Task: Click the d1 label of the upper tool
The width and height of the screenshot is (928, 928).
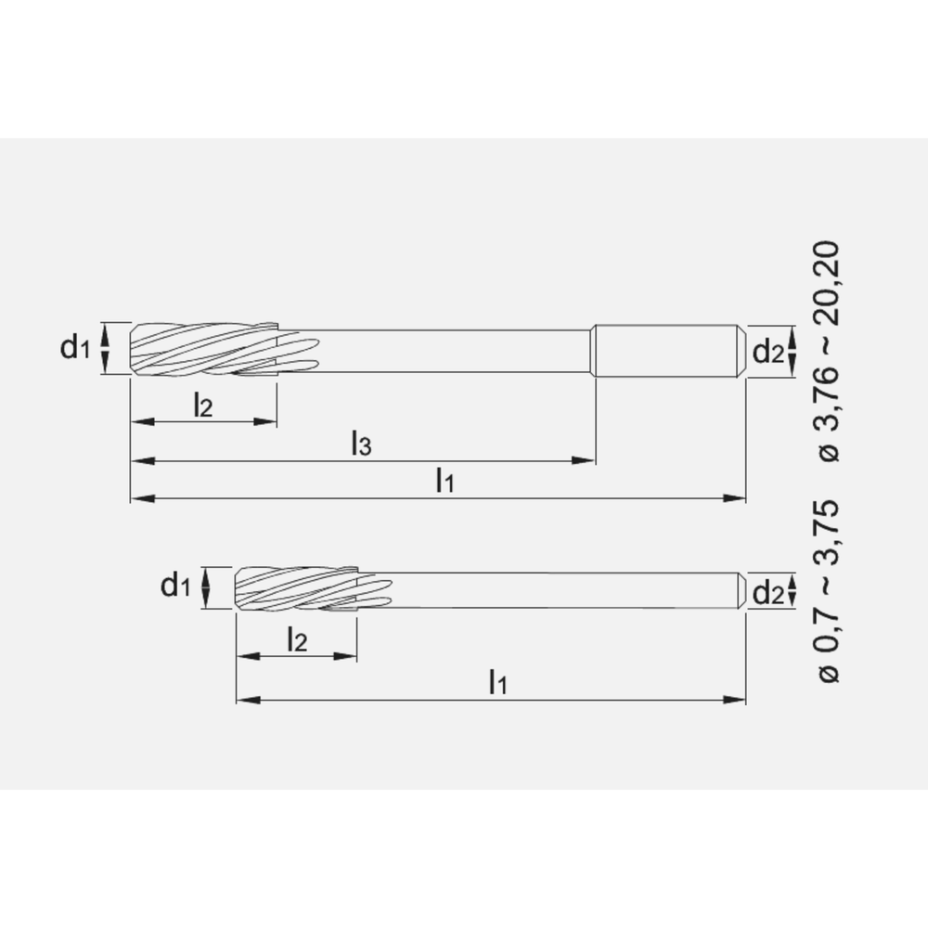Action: tap(75, 348)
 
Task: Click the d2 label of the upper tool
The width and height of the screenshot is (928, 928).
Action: tap(767, 352)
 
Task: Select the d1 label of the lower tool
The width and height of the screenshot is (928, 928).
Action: tap(175, 586)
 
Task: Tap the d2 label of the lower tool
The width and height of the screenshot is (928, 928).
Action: tap(767, 592)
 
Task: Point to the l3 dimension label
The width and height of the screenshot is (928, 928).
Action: tap(361, 444)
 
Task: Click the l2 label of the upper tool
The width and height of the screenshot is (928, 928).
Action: tap(203, 405)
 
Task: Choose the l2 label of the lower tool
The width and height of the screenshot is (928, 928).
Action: tap(296, 639)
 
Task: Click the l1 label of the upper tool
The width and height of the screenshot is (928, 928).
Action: tap(445, 481)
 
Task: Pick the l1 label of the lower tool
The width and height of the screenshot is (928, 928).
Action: tap(498, 682)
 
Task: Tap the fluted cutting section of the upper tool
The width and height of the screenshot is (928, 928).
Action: tap(204, 350)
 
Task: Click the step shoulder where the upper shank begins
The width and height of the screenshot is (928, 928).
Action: tap(594, 350)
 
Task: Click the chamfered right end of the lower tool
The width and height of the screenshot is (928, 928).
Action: tap(741, 590)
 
